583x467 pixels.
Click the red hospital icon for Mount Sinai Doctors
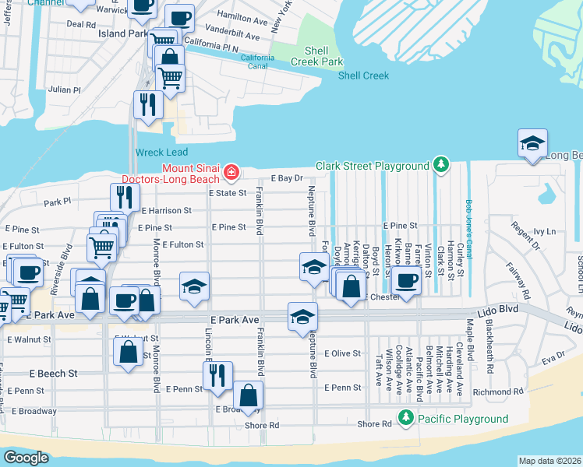click(231, 171)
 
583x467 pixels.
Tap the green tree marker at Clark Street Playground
click(442, 165)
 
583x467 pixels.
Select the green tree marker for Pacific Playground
click(405, 419)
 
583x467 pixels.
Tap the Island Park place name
click(122, 34)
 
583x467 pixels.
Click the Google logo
click(26, 458)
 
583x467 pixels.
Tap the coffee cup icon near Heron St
click(405, 280)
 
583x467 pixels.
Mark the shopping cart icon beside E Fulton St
click(102, 248)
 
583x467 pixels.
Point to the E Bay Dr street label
click(286, 178)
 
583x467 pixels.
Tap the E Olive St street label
click(343, 353)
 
